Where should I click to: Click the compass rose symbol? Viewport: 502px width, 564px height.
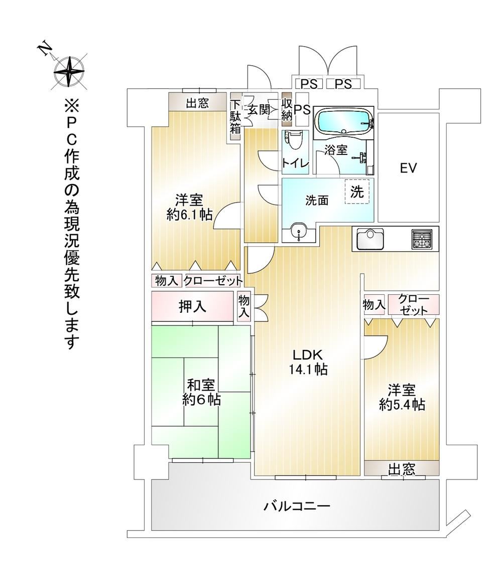(69, 71)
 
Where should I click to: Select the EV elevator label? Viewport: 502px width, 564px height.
(408, 167)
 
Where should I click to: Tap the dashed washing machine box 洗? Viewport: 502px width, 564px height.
(357, 192)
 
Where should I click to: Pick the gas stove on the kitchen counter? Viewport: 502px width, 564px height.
(422, 239)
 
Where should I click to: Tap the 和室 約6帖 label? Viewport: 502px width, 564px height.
(201, 392)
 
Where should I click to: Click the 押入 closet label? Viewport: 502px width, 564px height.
(193, 306)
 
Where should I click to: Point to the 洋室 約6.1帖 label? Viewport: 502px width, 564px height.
(189, 207)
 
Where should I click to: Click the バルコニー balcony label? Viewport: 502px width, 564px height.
(297, 507)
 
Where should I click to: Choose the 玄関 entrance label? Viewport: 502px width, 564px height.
(259, 110)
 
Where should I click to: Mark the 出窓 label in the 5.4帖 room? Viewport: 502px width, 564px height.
(402, 469)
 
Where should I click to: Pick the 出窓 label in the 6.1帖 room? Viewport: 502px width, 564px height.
(197, 103)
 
